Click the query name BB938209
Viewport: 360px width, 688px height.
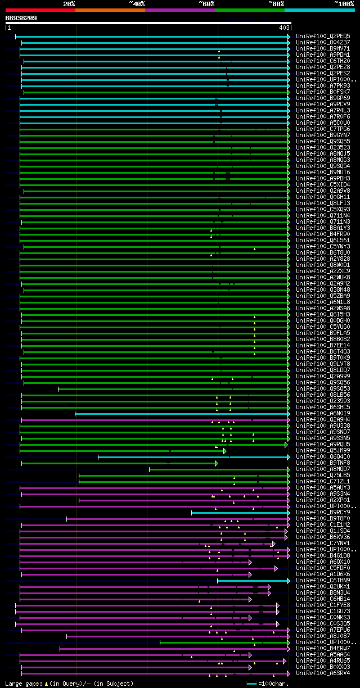(21, 18)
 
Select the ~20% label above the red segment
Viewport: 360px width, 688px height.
(69, 3)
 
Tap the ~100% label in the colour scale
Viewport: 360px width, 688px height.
(344, 3)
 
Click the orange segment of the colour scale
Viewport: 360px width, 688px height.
(110, 10)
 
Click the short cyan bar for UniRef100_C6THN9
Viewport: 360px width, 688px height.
(253, 580)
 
